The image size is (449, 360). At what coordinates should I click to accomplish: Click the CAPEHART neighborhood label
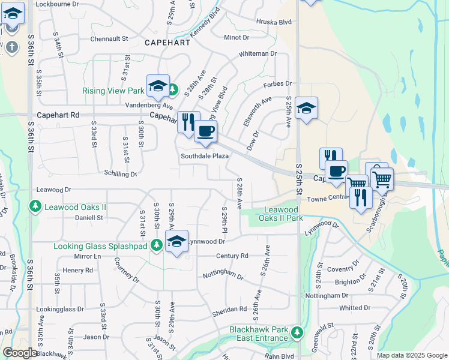click(x=167, y=43)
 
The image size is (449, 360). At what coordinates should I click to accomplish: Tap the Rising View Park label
click(x=113, y=91)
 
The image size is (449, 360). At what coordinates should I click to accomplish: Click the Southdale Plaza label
click(x=205, y=156)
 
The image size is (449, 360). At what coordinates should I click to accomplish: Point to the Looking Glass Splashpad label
click(x=101, y=246)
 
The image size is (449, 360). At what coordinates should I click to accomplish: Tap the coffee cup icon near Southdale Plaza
click(x=205, y=131)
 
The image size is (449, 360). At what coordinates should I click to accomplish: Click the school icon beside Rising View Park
click(x=158, y=85)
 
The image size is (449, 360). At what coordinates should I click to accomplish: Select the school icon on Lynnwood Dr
click(x=176, y=241)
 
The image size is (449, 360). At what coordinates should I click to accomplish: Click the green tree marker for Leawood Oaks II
click(x=35, y=207)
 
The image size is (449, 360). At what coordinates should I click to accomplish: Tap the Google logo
click(x=20, y=353)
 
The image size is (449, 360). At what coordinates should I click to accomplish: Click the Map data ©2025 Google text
click(x=412, y=355)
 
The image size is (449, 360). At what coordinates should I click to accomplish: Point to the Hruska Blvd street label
click(x=273, y=22)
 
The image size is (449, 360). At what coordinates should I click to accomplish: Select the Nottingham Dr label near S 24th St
click(x=327, y=296)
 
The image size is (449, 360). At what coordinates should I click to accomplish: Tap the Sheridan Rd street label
click(x=229, y=310)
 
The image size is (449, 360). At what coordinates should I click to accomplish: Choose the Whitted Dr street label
click(x=355, y=308)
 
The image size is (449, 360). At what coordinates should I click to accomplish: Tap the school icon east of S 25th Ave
click(x=306, y=108)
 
